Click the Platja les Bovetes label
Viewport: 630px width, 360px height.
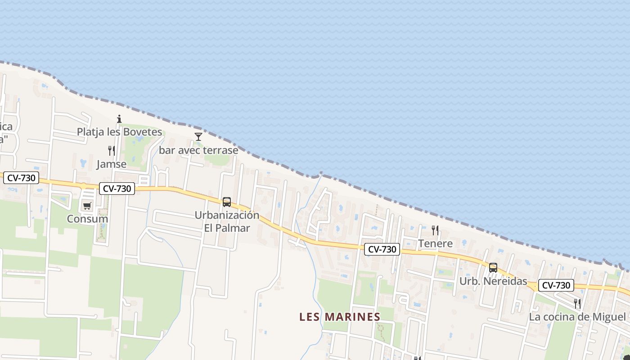(x=119, y=132)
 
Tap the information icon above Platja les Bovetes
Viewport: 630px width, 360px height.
(x=119, y=119)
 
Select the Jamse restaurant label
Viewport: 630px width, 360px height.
(x=111, y=164)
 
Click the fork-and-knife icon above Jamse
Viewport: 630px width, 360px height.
(x=111, y=151)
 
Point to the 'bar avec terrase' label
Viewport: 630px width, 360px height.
(x=198, y=150)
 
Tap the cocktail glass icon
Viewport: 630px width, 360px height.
(x=198, y=136)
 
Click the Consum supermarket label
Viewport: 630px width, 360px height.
(x=87, y=219)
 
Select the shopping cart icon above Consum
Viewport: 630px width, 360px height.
(x=87, y=206)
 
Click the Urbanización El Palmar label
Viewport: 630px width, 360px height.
(x=227, y=221)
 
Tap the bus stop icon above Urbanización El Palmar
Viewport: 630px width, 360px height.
(x=227, y=202)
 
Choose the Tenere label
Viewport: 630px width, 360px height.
(x=435, y=243)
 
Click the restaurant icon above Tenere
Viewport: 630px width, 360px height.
(x=435, y=230)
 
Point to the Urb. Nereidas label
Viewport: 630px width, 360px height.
(x=493, y=281)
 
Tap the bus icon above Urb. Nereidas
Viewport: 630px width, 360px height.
(x=493, y=268)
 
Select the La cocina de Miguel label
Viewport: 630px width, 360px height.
(x=577, y=317)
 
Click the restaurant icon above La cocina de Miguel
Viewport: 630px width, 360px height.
(x=577, y=304)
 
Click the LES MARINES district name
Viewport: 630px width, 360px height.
(x=340, y=317)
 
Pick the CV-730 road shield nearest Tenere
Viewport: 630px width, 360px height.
(x=382, y=249)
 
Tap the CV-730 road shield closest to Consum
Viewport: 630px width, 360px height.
(x=117, y=189)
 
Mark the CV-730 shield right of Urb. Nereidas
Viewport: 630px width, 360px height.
(x=556, y=285)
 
